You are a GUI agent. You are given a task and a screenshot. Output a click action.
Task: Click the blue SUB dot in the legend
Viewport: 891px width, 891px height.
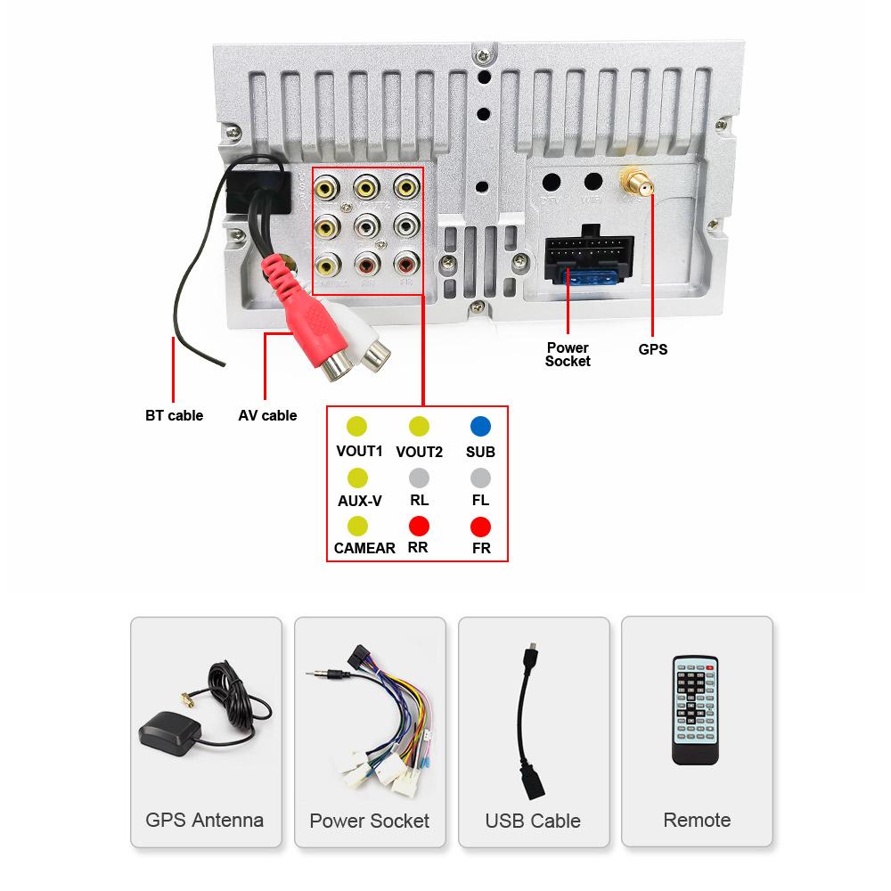point(481,426)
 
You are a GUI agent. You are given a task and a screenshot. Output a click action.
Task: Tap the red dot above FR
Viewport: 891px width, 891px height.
point(481,526)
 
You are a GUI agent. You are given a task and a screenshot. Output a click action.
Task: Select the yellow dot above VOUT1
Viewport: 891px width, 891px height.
point(357,426)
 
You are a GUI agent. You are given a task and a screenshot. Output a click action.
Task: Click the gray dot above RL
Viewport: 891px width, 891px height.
point(419,477)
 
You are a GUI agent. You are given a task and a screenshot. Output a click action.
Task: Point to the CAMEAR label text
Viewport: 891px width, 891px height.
point(364,548)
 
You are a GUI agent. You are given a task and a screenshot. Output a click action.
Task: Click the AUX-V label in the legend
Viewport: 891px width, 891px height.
point(359,500)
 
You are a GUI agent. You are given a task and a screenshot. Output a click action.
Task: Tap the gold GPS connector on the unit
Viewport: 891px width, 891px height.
point(637,184)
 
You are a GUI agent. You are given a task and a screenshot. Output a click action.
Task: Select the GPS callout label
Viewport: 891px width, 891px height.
point(652,349)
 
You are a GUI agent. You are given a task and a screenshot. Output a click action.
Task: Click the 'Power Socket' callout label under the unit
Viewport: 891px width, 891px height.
point(568,354)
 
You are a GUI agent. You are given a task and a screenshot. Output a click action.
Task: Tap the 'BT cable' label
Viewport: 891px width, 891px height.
point(174,415)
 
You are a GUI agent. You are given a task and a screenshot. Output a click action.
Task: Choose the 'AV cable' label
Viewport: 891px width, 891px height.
point(267,415)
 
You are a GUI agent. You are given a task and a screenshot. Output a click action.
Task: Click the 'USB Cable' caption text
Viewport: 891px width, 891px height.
point(533,821)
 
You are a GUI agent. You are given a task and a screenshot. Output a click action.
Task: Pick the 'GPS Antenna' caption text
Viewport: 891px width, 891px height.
point(205,820)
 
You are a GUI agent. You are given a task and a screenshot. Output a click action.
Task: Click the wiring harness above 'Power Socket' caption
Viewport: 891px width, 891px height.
point(370,713)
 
